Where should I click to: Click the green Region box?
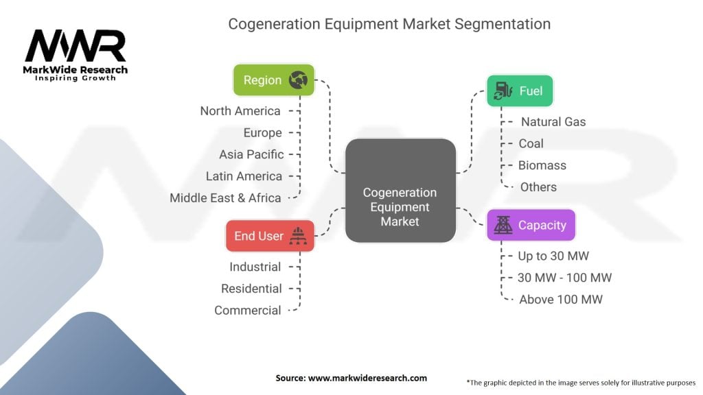tap(273, 80)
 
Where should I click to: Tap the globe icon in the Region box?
tap(298, 80)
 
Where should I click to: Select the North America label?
tap(240, 111)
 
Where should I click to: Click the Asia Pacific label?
tap(251, 154)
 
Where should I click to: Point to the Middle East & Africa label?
tap(225, 198)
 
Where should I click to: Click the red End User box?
tap(270, 236)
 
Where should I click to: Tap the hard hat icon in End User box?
tap(298, 236)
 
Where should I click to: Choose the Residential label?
tap(251, 289)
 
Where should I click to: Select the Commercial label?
tap(247, 311)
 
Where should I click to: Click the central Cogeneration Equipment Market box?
tap(400, 191)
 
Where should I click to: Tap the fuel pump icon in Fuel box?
tap(503, 91)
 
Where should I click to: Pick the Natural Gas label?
tap(553, 122)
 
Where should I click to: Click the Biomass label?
tap(542, 165)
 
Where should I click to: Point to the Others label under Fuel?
tap(538, 187)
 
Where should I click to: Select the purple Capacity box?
tap(531, 225)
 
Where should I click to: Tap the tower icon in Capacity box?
tap(503, 225)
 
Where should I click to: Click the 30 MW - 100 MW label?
tap(564, 278)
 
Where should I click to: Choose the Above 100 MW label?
tap(561, 300)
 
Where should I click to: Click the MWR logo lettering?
tap(76, 46)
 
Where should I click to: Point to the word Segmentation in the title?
tap(502, 24)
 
